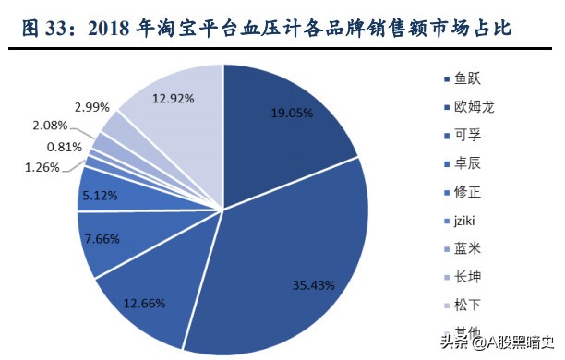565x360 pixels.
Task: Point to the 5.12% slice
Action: (x=96, y=195)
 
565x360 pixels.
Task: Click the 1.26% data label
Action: (x=42, y=167)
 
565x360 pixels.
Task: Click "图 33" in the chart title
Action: (x=43, y=30)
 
